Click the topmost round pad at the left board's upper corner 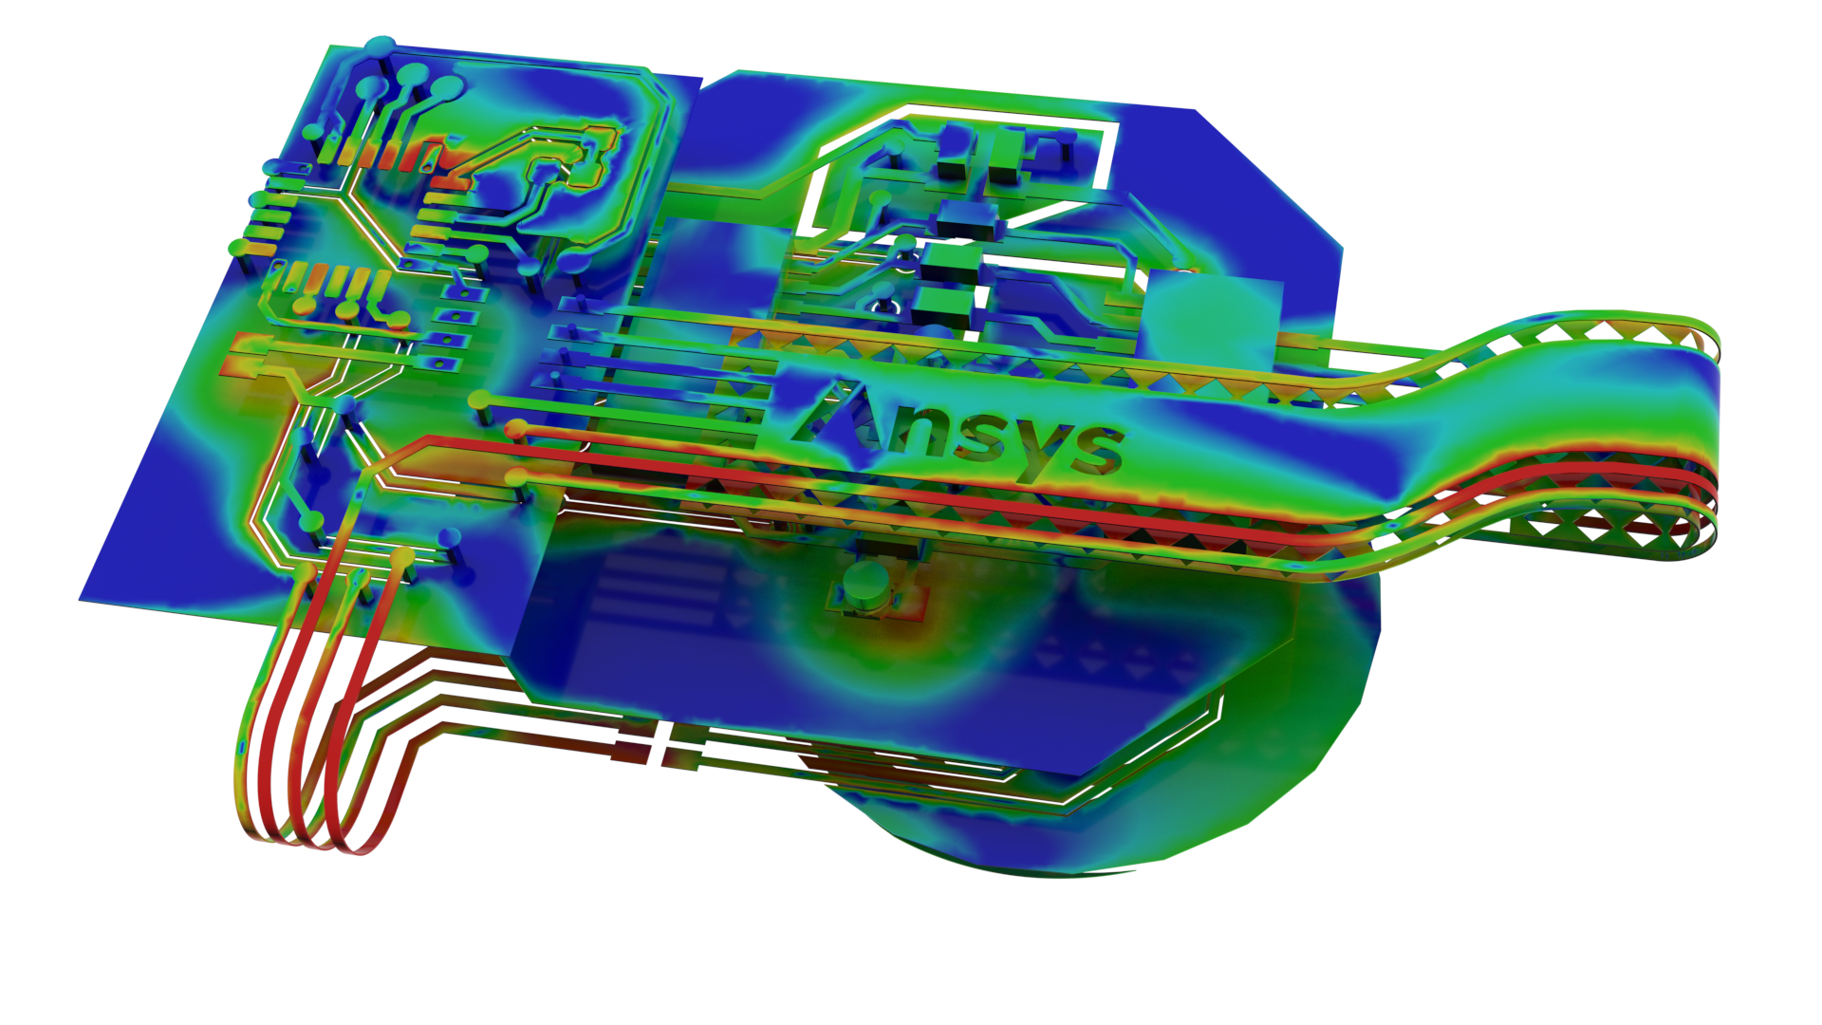(x=381, y=46)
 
